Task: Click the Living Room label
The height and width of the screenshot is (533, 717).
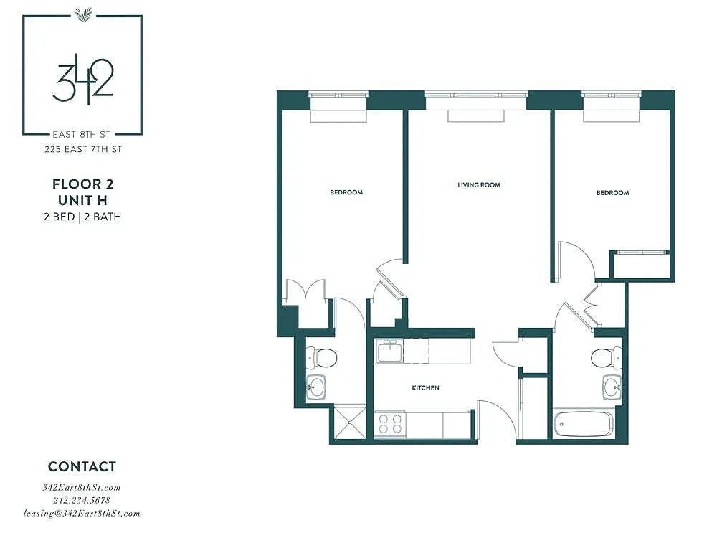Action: (479, 185)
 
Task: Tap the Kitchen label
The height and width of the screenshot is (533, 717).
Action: (425, 388)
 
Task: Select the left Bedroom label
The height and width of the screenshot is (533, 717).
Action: (346, 192)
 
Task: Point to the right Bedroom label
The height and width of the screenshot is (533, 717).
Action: (612, 193)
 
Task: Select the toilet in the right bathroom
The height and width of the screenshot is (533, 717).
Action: (607, 357)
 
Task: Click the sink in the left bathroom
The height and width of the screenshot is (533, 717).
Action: (315, 387)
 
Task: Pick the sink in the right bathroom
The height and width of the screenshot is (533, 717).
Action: (612, 387)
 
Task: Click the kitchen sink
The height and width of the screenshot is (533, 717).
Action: (389, 352)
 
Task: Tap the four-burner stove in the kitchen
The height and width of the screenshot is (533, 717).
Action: (390, 424)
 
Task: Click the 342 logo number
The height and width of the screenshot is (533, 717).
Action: (82, 80)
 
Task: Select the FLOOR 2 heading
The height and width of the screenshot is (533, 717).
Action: (82, 184)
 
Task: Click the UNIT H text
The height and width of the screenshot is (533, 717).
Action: (82, 200)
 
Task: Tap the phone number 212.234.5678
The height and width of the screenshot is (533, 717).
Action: (82, 500)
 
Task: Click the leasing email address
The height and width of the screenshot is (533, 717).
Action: (82, 514)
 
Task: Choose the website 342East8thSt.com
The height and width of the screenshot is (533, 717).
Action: (82, 487)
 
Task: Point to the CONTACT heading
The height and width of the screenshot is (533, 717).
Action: (82, 467)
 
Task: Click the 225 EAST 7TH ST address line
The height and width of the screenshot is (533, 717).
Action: (83, 149)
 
